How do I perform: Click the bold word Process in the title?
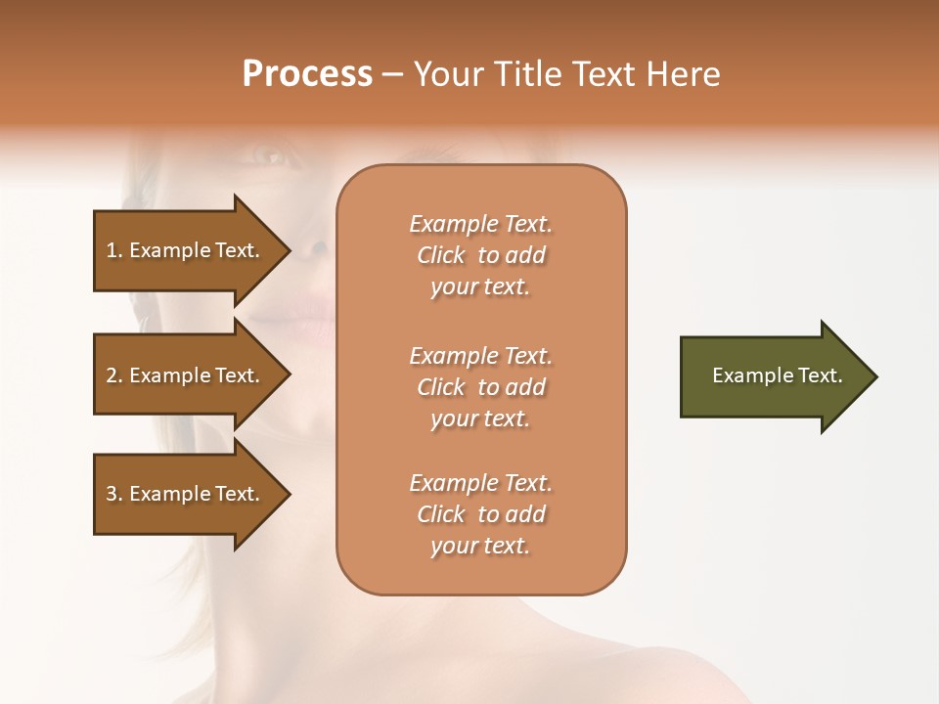point(307,74)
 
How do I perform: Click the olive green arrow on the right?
point(773,376)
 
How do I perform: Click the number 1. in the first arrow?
point(114,251)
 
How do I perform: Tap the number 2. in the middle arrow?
point(114,375)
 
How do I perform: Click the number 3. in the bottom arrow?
point(114,494)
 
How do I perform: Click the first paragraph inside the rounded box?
point(480,255)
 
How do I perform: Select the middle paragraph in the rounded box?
point(480,387)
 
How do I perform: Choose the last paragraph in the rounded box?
point(480,514)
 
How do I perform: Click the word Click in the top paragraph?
point(441,255)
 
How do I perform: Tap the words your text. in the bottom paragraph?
point(480,546)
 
